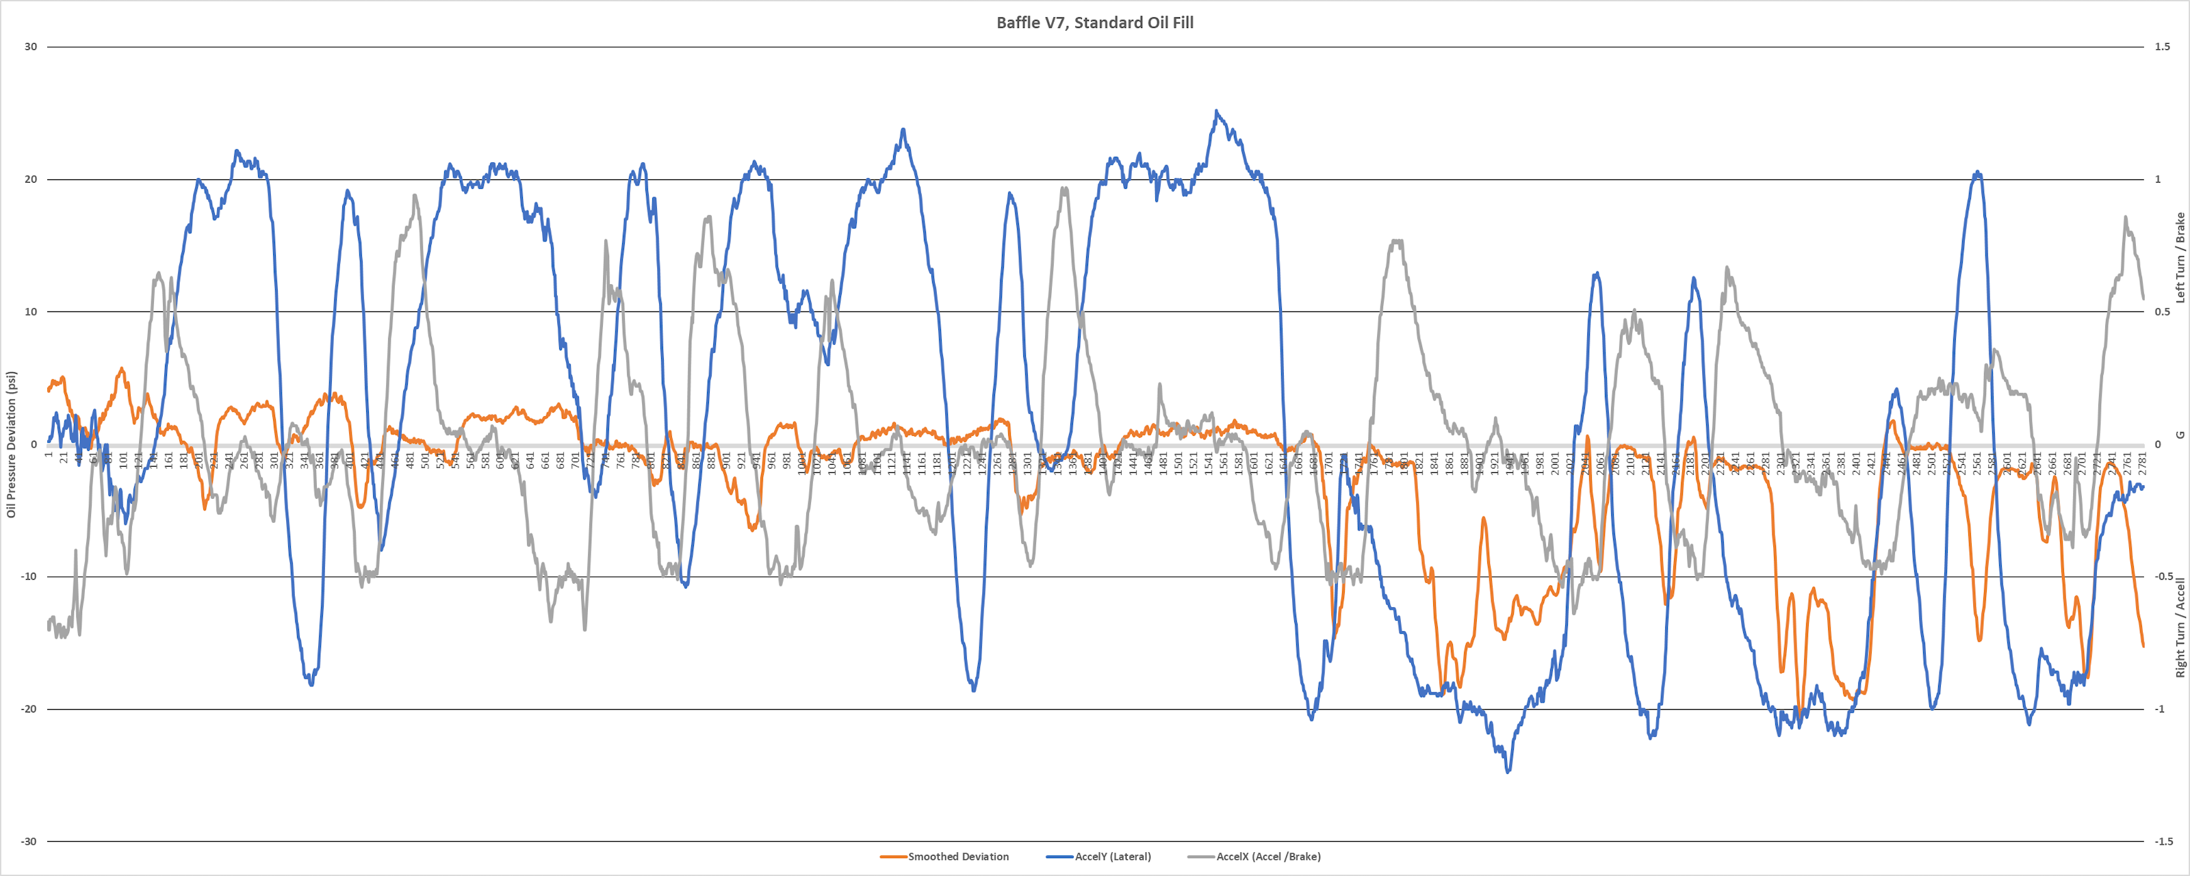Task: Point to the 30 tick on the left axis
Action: click(31, 47)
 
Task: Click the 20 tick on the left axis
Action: click(31, 179)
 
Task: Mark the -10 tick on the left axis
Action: click(29, 577)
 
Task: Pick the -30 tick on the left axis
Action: click(29, 841)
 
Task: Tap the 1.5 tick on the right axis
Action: click(2162, 47)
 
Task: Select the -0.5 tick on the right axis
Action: click(2163, 577)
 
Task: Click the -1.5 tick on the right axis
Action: click(2163, 841)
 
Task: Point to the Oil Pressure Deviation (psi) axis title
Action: click(12, 444)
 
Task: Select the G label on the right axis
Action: click(2180, 435)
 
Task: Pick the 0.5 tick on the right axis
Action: click(2162, 311)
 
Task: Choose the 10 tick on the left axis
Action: click(31, 311)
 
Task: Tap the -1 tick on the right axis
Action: click(2161, 708)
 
